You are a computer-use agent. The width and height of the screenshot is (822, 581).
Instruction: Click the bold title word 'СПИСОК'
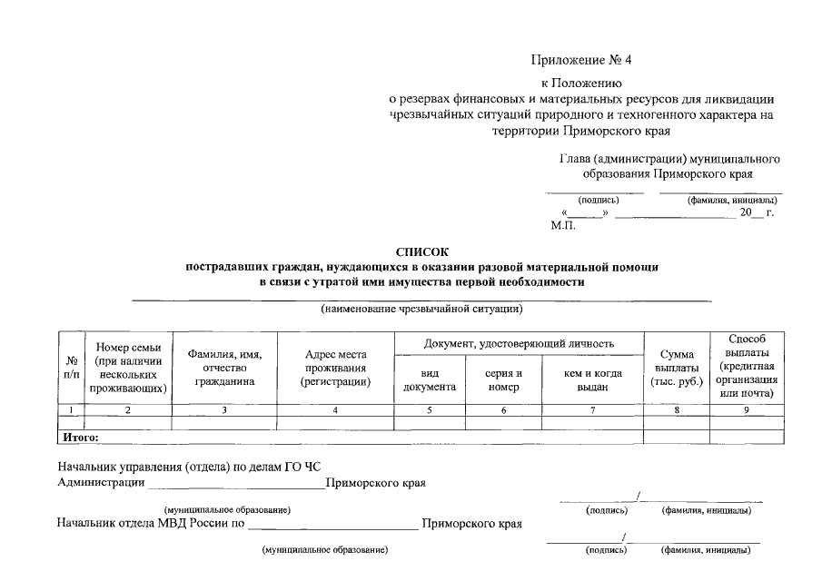click(421, 251)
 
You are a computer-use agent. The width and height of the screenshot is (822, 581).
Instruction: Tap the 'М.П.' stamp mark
click(563, 224)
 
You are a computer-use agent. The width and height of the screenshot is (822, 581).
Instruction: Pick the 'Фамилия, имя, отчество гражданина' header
click(224, 368)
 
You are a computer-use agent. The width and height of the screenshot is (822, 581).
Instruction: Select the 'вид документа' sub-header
click(430, 380)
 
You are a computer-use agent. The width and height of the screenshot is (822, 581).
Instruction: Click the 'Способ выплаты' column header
click(748, 367)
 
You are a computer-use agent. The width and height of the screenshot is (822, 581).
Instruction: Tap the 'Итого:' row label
click(79, 438)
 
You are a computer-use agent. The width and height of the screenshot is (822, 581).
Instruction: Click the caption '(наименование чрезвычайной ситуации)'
click(421, 309)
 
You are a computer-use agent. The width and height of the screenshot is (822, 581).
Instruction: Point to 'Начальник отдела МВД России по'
click(151, 524)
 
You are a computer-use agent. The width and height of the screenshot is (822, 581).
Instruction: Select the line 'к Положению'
click(579, 84)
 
